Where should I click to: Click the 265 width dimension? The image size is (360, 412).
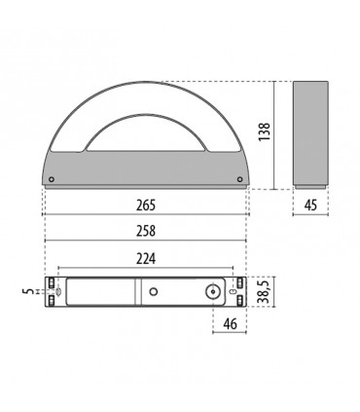146,206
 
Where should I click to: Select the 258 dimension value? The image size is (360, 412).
146,230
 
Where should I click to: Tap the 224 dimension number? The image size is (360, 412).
146,258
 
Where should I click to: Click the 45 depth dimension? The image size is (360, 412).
312,206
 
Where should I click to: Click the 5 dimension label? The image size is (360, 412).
28,289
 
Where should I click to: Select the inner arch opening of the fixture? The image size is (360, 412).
146,136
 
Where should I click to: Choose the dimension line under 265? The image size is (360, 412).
146,214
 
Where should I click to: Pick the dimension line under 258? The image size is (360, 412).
146,240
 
